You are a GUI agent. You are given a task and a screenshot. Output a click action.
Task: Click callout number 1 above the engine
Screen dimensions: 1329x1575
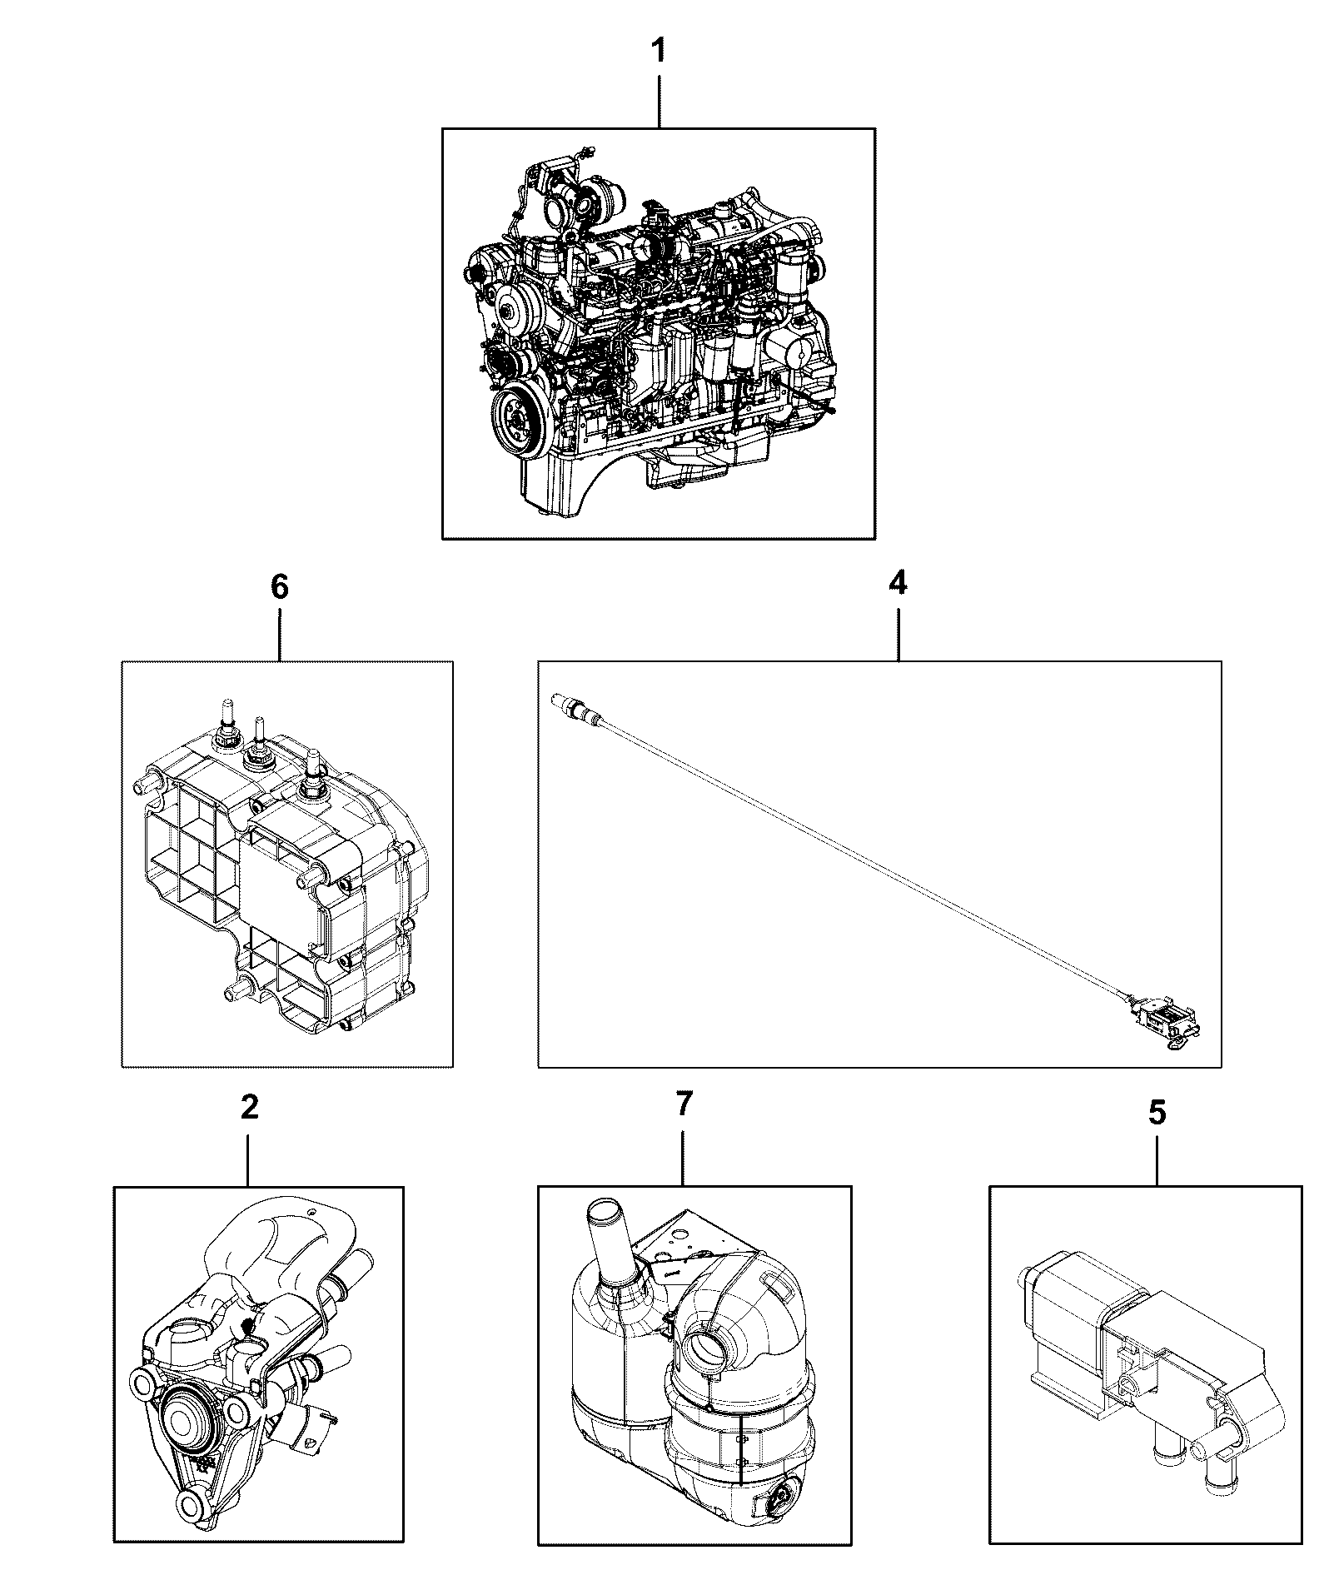coord(658,52)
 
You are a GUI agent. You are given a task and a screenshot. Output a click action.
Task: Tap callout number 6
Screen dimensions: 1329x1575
coord(280,587)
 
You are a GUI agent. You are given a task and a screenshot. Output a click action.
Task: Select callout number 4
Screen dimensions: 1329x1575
coord(897,584)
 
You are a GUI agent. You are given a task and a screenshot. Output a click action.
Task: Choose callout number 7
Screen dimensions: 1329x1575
coord(683,1104)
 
